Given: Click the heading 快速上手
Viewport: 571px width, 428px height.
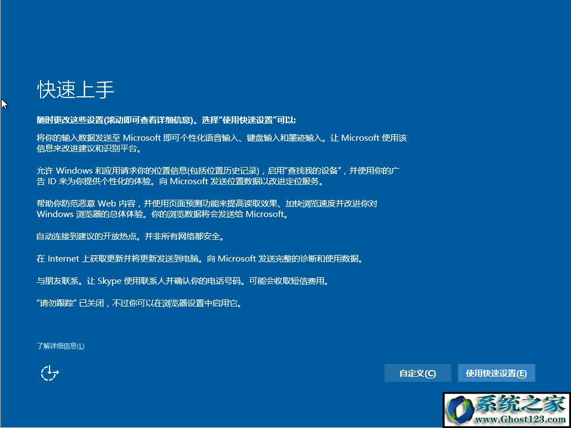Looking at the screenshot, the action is pos(76,90).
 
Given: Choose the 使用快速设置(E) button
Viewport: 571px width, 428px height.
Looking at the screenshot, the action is pos(496,373).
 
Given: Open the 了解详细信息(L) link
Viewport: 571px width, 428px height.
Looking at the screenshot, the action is pos(61,346).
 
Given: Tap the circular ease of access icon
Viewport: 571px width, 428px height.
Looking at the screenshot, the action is pos(50,373).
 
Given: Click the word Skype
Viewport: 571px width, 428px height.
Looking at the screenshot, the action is pos(110,281).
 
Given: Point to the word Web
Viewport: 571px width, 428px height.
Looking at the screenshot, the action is pos(107,203).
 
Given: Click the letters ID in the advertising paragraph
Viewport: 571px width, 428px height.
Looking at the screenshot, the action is pos(52,181).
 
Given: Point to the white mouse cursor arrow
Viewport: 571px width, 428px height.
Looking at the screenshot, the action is pos(4,104).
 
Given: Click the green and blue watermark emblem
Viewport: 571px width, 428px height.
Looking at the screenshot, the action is pos(460,410).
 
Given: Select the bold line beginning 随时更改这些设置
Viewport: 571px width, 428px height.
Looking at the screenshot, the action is pos(166,120).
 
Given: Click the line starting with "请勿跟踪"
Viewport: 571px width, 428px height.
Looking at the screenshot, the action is pos(139,303).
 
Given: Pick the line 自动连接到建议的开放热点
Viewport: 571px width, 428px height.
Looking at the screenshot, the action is pos(130,237).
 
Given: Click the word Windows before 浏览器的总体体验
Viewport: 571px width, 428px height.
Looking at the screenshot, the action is pos(55,214).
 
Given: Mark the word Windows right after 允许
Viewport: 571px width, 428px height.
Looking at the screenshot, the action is pos(74,170).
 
